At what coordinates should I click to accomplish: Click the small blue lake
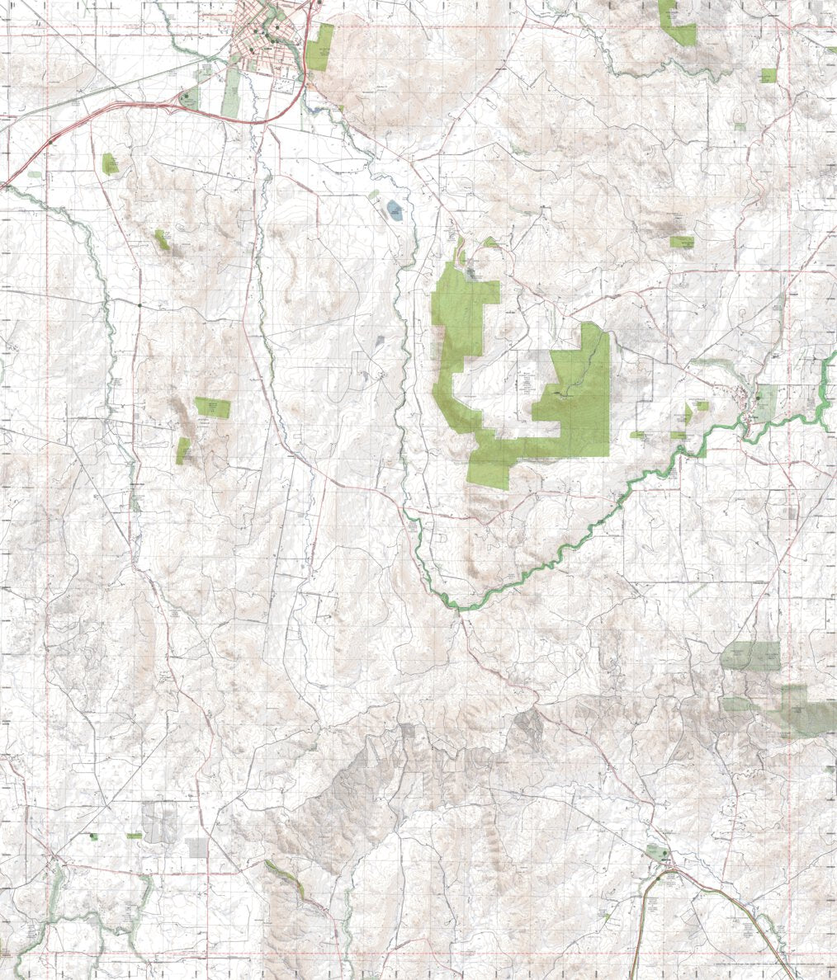tap(393, 210)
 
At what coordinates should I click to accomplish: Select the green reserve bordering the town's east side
tap(321, 48)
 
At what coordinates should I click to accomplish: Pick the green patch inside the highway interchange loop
tap(189, 99)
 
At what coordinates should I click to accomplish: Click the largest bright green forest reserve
tap(570, 404)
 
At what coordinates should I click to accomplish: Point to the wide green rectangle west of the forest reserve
tap(212, 407)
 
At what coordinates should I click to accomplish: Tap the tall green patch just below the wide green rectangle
tap(183, 450)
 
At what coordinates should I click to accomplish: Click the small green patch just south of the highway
tap(109, 163)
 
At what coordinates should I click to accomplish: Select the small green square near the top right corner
tap(768, 75)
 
